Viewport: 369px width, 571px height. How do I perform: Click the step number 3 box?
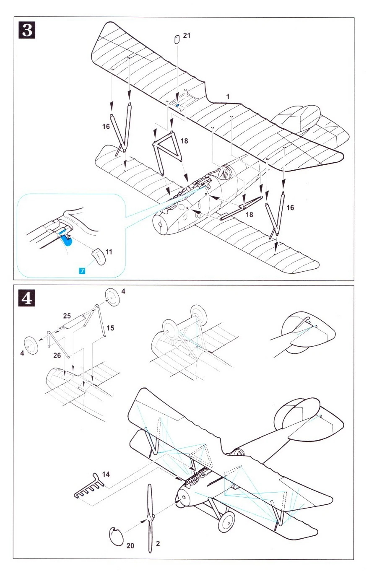(27, 31)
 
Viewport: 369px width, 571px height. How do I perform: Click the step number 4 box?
(27, 298)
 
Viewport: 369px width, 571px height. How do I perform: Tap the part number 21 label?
(187, 36)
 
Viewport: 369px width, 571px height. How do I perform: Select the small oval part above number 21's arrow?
(177, 39)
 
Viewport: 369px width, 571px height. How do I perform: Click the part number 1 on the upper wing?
(228, 96)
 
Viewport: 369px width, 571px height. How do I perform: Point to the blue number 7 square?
(82, 271)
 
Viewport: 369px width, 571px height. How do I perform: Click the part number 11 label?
(109, 252)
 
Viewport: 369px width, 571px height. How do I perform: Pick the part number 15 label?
(110, 327)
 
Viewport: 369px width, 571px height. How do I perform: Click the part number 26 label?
(57, 355)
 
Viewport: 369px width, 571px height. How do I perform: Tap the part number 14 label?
(106, 474)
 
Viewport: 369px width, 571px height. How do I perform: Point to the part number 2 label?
(157, 544)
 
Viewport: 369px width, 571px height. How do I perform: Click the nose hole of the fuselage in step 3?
(160, 225)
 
